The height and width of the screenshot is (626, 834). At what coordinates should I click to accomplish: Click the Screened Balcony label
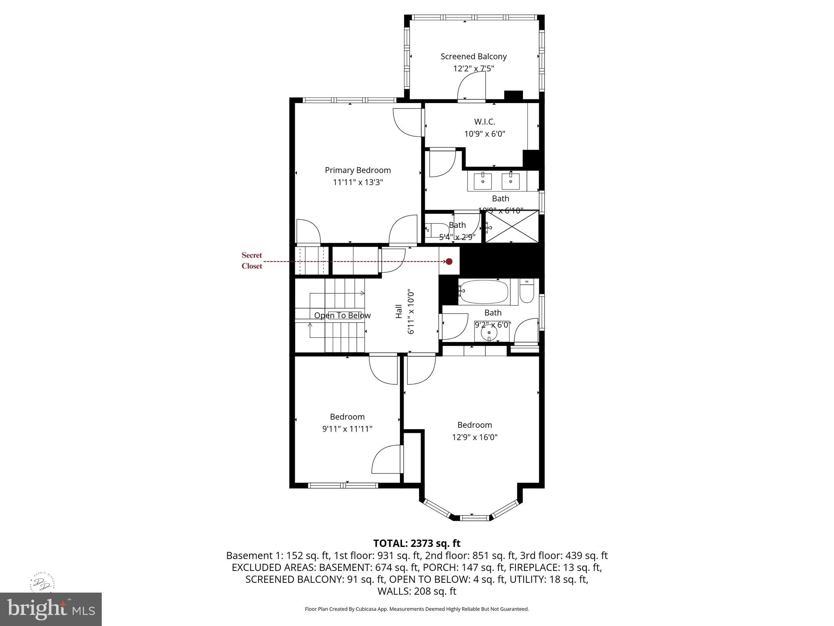[x=473, y=57]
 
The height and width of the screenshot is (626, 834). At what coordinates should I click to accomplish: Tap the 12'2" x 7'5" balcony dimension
[x=473, y=68]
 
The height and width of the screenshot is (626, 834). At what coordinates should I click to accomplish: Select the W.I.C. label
[x=484, y=121]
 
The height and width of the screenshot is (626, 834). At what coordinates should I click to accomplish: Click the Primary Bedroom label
[x=358, y=170]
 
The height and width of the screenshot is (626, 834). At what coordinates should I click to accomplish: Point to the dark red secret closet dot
[x=449, y=262]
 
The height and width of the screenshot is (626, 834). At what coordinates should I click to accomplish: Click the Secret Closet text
[x=252, y=260]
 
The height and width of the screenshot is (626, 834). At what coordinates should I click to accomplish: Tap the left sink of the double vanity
[x=483, y=181]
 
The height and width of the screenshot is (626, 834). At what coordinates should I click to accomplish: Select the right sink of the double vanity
[x=510, y=181]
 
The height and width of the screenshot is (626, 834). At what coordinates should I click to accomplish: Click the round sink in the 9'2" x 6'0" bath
[x=489, y=333]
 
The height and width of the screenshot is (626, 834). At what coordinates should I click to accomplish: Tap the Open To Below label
[x=342, y=315]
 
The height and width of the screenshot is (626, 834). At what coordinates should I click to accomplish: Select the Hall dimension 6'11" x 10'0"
[x=410, y=312]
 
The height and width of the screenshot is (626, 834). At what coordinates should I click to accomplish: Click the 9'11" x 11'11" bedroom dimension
[x=347, y=429]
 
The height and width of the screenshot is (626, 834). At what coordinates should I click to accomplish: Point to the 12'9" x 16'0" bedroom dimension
[x=474, y=437]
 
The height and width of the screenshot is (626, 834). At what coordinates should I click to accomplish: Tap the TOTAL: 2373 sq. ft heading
[x=417, y=543]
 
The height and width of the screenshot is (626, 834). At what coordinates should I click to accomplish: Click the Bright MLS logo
[x=50, y=608]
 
